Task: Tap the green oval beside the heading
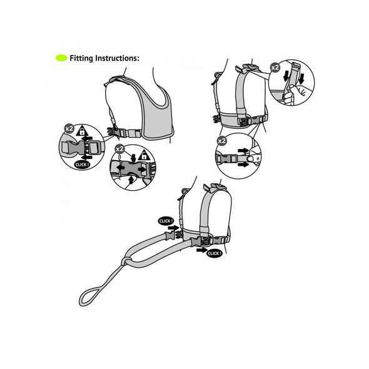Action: [x=61, y=58]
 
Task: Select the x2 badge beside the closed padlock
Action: [x=69, y=129]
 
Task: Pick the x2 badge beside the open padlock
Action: [x=119, y=149]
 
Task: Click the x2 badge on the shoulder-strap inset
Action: [x=275, y=68]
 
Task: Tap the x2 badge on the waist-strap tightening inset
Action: [x=221, y=141]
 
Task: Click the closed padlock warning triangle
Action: [x=82, y=131]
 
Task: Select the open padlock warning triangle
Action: [x=143, y=155]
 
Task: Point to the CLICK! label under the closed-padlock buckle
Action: [x=82, y=164]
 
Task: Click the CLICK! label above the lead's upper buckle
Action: [x=166, y=221]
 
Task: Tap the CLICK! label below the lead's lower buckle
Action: [x=215, y=253]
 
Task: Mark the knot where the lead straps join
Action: [x=126, y=261]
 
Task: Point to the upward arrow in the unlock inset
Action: [x=131, y=181]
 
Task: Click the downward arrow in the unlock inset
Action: [x=134, y=158]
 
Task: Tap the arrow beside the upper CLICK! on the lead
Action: [x=173, y=228]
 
